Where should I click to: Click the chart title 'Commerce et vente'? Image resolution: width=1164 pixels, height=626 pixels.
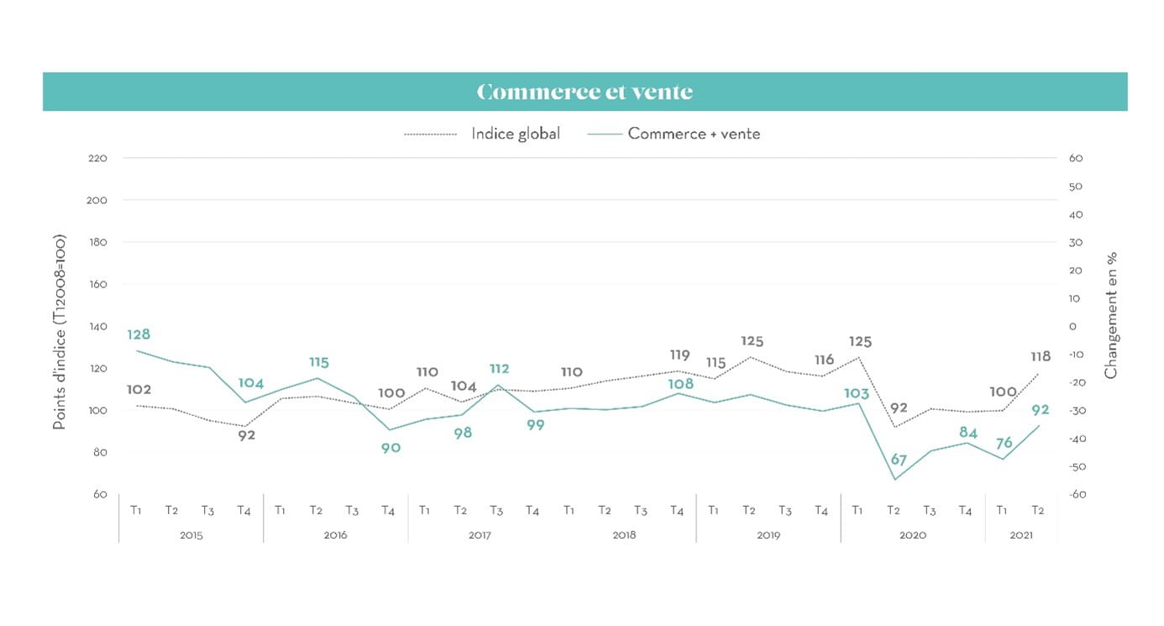(x=585, y=92)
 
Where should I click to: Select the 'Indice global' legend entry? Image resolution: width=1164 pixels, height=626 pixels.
(x=515, y=134)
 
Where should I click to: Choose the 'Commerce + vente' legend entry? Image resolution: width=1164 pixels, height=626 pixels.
(x=694, y=134)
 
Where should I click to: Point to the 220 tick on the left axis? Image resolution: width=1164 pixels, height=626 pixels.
(x=97, y=158)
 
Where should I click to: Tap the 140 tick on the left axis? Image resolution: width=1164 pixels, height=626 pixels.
(x=97, y=326)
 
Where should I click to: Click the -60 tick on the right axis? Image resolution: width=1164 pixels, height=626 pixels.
(x=1076, y=494)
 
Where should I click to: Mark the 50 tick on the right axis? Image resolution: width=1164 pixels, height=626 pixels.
(x=1076, y=187)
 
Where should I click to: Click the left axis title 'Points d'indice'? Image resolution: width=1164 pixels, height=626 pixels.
(x=60, y=332)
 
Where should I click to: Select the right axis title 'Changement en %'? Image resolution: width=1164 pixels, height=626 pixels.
(x=1111, y=315)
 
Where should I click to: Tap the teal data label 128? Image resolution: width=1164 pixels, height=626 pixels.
(x=139, y=334)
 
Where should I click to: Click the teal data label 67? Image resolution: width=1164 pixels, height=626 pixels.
(x=898, y=459)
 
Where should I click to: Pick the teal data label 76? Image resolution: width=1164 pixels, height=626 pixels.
(x=1004, y=443)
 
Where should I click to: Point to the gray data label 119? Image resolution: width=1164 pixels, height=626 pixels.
(x=679, y=355)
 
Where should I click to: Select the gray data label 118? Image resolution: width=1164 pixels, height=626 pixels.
(x=1040, y=357)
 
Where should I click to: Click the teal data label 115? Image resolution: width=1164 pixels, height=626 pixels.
(x=318, y=362)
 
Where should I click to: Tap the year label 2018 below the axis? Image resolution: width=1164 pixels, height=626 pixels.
(x=624, y=534)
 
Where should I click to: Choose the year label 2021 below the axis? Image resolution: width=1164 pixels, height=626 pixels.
(x=1021, y=534)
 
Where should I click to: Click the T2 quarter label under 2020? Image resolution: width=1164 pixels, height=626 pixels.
(x=894, y=510)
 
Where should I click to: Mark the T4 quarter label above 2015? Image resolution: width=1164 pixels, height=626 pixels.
(x=244, y=510)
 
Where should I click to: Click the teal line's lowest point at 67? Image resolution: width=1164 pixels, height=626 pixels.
(x=894, y=480)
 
